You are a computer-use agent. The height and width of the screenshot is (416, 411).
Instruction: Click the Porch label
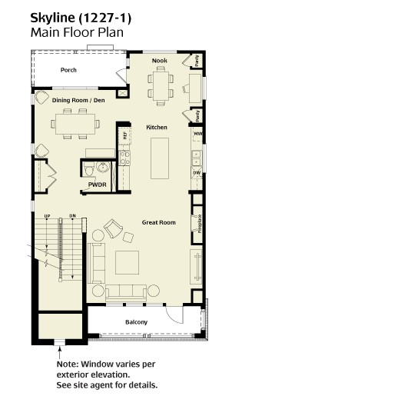68,70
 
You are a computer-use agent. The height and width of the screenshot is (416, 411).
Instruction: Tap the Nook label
160,61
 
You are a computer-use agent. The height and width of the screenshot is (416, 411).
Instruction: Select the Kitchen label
157,128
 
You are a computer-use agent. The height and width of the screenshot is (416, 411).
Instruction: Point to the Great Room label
159,222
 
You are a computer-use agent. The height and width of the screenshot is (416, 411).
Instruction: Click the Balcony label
136,322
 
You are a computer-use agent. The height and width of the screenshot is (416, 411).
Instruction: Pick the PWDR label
98,185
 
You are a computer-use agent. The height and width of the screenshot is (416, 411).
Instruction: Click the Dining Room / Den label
78,100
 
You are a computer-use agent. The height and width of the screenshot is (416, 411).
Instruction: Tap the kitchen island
160,158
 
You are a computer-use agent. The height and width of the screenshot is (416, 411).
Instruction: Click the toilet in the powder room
89,168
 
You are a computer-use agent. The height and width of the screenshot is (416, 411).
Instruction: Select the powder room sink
103,168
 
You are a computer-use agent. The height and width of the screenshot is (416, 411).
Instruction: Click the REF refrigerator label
124,135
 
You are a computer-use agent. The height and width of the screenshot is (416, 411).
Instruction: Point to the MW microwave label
198,134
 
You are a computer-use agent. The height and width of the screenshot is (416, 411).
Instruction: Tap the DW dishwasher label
197,173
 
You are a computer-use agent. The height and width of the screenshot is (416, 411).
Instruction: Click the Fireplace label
200,224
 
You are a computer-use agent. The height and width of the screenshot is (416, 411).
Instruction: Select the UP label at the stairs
47,216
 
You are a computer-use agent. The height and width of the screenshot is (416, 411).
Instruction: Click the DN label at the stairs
73,216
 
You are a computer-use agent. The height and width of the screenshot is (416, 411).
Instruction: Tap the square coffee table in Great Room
128,263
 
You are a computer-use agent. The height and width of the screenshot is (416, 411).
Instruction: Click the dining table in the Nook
161,86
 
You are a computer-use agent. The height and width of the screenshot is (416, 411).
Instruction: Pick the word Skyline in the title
52,18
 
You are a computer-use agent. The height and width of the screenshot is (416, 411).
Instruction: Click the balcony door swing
174,315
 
